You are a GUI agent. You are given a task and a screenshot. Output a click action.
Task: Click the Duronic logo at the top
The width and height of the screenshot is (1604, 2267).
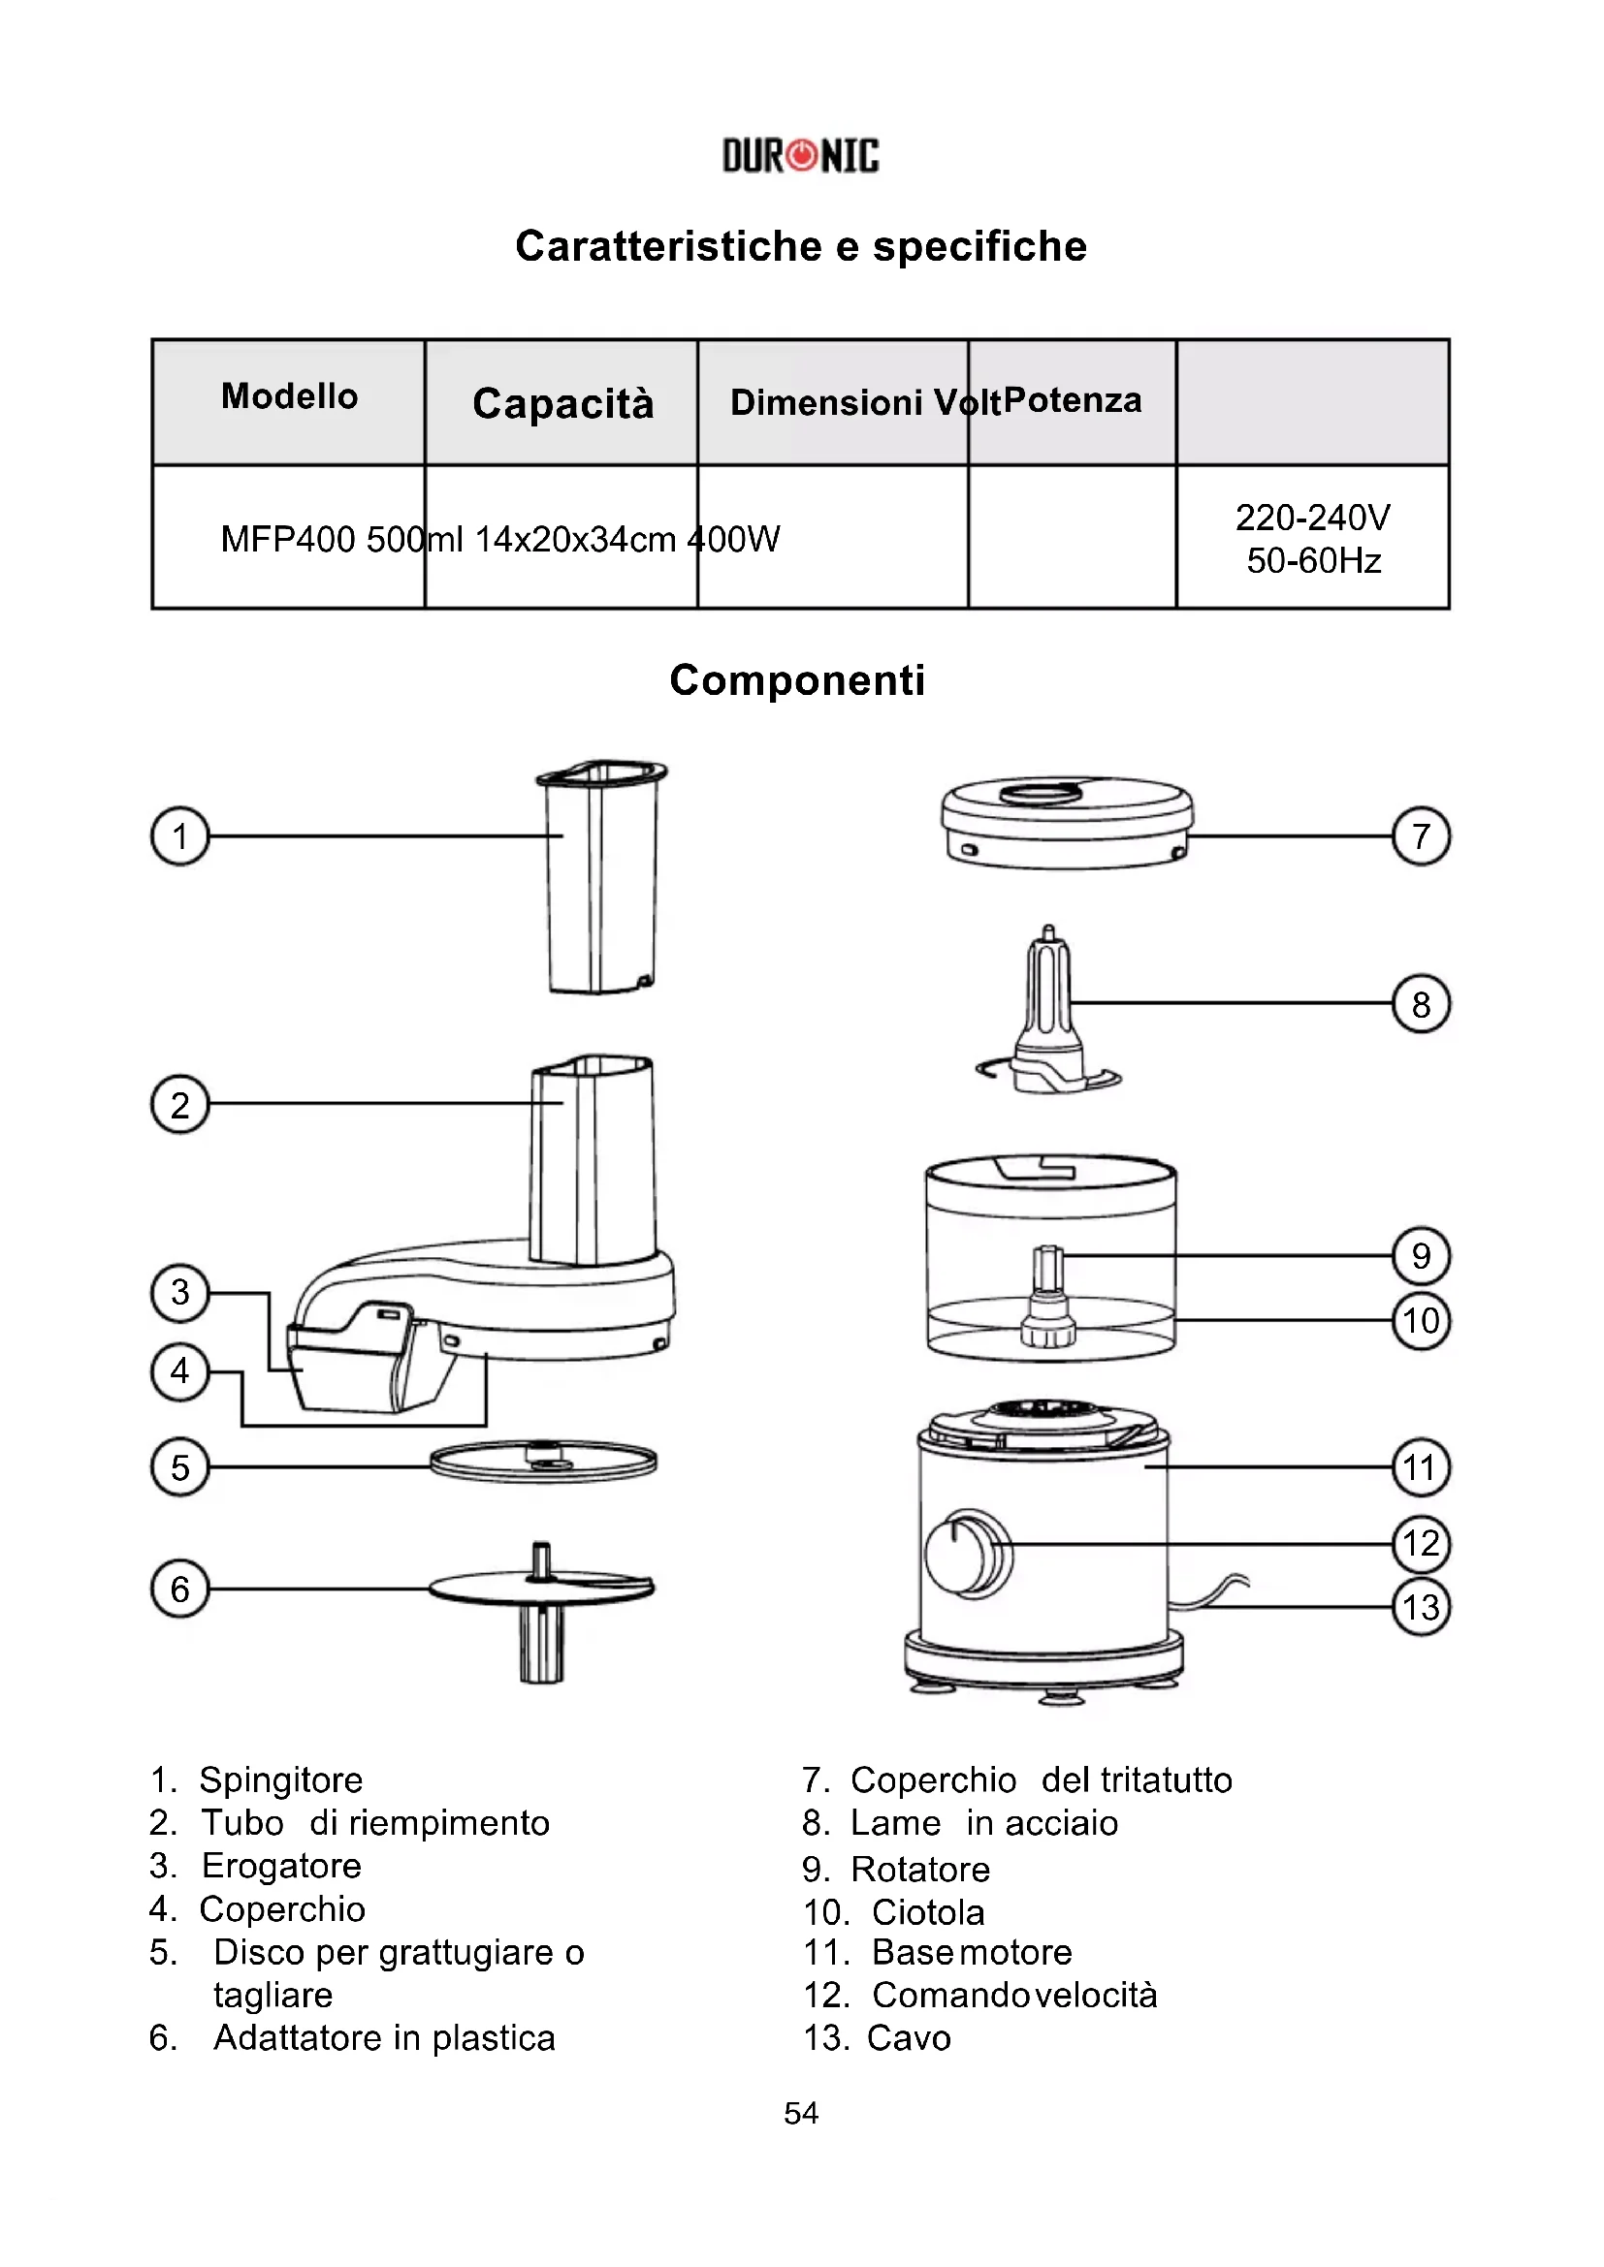tap(800, 156)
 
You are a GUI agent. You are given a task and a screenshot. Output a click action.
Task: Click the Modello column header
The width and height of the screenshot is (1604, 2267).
tap(289, 397)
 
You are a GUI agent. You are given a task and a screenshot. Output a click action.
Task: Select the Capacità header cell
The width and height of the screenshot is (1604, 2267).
tap(563, 403)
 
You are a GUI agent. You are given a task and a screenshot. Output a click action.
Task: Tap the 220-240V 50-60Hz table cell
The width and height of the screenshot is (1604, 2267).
tap(1313, 538)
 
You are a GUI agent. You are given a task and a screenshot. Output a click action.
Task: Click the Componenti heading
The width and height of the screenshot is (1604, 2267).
tap(797, 680)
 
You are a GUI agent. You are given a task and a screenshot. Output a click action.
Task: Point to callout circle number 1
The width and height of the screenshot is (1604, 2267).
tap(179, 836)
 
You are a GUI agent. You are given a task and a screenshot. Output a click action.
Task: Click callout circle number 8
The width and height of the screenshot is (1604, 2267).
tap(1421, 1004)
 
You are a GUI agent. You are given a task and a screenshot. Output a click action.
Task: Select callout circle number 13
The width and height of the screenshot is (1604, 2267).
tap(1421, 1607)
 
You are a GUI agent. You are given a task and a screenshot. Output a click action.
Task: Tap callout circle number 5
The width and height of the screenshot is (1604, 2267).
tap(179, 1467)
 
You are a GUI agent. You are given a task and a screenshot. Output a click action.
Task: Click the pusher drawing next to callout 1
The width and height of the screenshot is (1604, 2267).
tap(600, 877)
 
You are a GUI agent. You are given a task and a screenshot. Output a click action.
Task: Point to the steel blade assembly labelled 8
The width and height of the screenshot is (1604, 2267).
tap(1047, 1017)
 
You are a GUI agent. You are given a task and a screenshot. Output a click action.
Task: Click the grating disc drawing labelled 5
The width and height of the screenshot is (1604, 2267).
tap(543, 1463)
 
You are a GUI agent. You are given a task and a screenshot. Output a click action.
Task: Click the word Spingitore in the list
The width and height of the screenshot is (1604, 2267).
tap(280, 1780)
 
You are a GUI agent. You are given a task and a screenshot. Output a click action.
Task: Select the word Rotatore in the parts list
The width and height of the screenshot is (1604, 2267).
tap(920, 1870)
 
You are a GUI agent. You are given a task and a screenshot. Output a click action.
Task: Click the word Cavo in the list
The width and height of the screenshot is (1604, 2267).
tap(909, 2038)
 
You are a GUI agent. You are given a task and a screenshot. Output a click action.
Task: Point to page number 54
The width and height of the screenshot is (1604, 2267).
tap(801, 2113)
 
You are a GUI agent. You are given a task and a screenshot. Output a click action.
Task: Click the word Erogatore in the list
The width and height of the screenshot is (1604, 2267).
tap(281, 1866)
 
